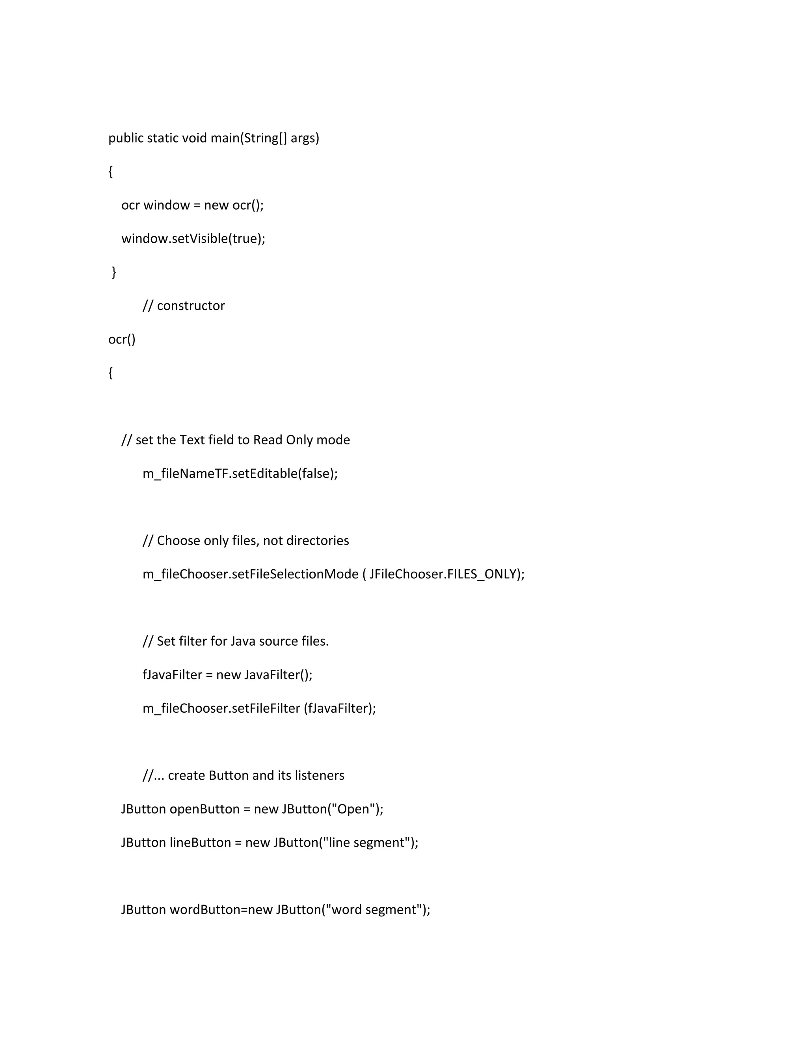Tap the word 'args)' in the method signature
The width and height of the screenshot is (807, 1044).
click(305, 138)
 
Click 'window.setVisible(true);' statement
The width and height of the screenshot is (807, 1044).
click(193, 238)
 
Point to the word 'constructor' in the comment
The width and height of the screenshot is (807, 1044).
click(191, 306)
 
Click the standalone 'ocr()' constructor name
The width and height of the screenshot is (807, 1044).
click(122, 339)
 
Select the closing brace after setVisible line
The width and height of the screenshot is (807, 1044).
click(114, 272)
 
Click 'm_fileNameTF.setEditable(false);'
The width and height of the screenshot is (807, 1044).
click(240, 474)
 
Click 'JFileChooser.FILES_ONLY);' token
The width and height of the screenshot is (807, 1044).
click(446, 574)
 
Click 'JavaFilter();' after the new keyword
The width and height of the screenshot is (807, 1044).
click(278, 675)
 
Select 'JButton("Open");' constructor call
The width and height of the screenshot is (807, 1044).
click(332, 809)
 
